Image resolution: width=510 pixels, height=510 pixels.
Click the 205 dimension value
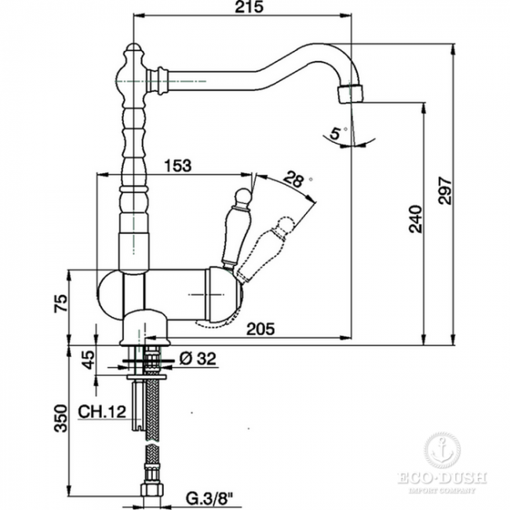click(x=260, y=330)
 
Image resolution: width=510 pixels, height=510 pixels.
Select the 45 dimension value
click(x=88, y=359)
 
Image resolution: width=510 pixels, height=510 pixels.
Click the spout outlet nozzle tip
click(x=351, y=94)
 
